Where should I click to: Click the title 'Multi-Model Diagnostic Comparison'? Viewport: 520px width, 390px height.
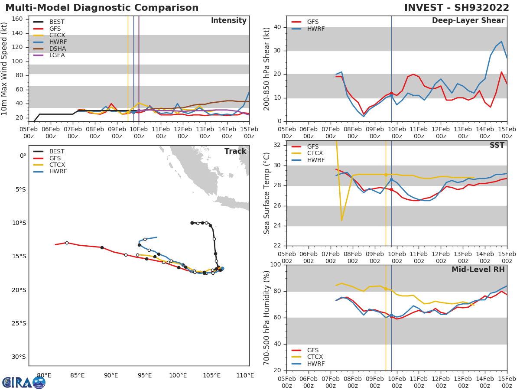click(x=102, y=8)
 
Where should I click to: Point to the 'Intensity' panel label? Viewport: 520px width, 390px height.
click(x=228, y=21)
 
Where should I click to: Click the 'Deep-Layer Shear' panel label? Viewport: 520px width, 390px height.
click(x=468, y=21)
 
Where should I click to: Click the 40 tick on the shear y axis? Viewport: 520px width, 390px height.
click(x=278, y=27)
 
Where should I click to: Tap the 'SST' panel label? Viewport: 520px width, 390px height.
click(x=497, y=146)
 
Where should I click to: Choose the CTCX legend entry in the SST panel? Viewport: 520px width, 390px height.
click(x=315, y=153)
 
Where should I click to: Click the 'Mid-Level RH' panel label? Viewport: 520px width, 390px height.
click(x=478, y=270)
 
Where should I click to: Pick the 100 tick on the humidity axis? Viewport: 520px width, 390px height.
click(x=276, y=265)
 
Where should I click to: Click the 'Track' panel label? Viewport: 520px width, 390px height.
click(x=235, y=151)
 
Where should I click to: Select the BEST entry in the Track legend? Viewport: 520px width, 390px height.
click(x=57, y=152)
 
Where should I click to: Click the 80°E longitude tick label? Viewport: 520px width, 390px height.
click(x=44, y=375)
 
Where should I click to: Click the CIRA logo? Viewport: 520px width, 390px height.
click(x=23, y=382)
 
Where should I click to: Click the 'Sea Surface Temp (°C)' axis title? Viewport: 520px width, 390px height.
click(x=267, y=193)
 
